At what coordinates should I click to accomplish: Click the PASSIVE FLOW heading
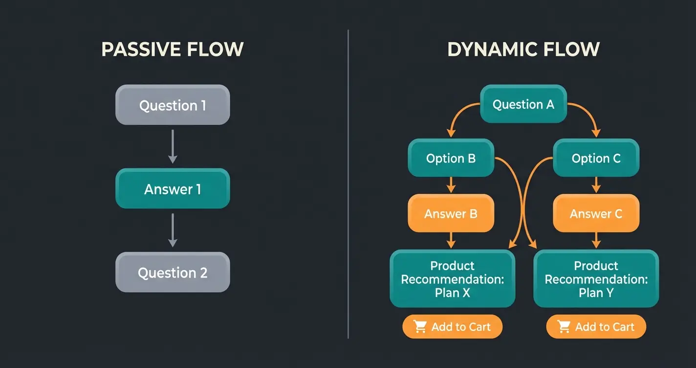click(172, 49)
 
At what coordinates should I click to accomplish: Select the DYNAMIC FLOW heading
click(523, 49)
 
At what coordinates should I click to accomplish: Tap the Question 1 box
click(173, 105)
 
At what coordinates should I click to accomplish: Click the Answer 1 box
click(173, 189)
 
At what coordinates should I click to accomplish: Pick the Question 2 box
click(173, 273)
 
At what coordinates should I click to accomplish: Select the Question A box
click(523, 104)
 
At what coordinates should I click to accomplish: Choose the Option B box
click(451, 158)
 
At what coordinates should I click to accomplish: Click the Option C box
click(596, 158)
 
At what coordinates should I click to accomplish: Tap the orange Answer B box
click(451, 213)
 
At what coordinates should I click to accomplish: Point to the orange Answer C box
click(596, 213)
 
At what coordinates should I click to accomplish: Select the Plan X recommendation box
click(452, 279)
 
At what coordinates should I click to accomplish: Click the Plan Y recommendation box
click(596, 279)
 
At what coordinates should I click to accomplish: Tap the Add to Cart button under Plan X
click(452, 327)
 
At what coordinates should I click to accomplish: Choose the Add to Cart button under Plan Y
click(596, 327)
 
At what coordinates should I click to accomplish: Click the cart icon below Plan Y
click(564, 327)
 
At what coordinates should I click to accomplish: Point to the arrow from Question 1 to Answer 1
click(173, 146)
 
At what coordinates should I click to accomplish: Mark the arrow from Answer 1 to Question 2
click(173, 230)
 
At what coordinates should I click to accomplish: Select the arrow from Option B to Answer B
click(451, 185)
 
